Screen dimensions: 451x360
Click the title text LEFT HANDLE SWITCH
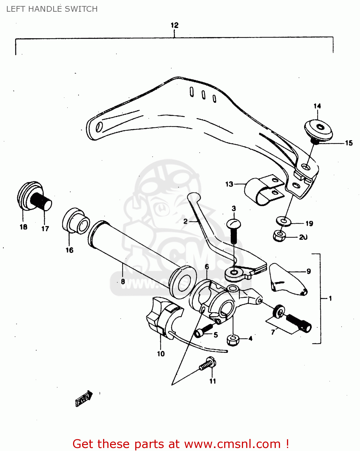point(52,9)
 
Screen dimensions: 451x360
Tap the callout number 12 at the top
point(174,25)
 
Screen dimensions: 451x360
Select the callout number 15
point(349,143)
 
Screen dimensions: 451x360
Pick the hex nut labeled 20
point(279,236)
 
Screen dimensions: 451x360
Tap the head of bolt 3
point(234,224)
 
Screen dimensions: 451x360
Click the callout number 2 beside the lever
point(185,222)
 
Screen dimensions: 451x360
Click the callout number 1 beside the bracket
point(330,299)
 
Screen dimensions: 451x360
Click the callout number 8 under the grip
point(123,282)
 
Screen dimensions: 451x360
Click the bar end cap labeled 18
point(29,195)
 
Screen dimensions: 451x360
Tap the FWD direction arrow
point(84,399)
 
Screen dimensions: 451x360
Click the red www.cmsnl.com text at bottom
point(232,444)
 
